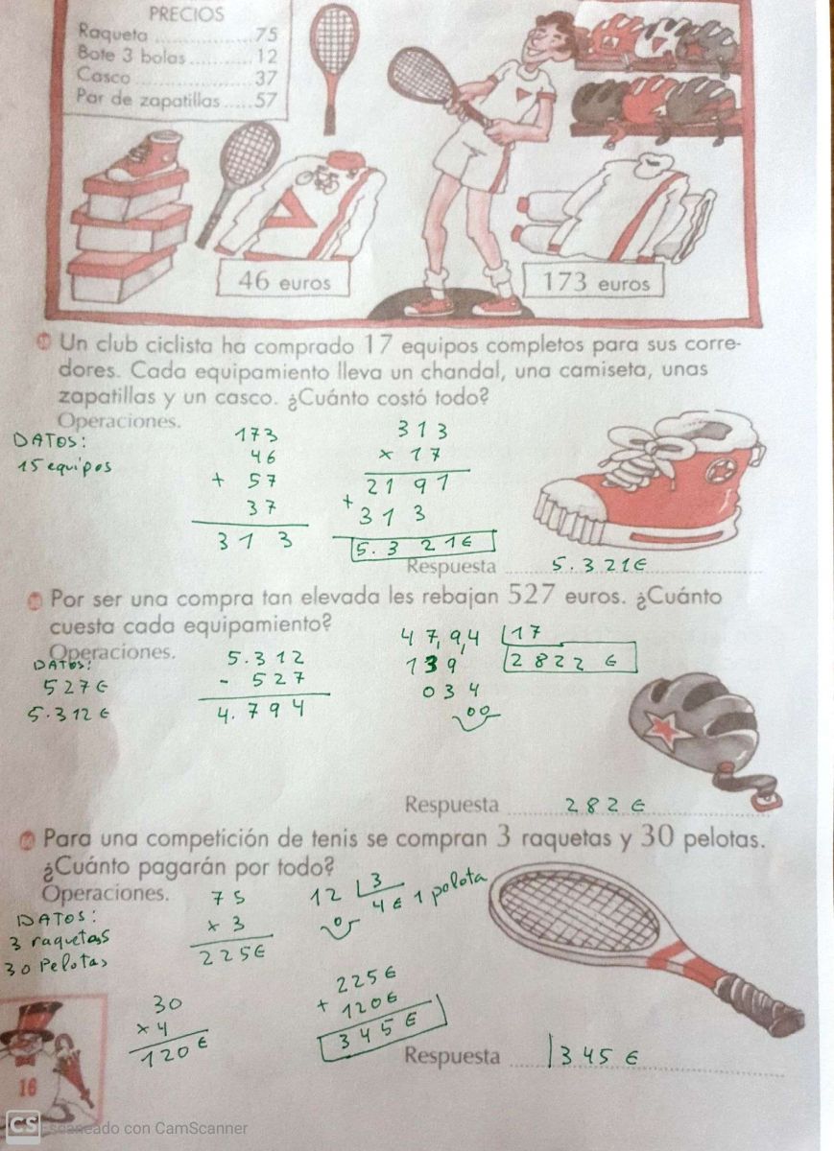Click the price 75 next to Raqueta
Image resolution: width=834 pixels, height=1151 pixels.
(x=267, y=34)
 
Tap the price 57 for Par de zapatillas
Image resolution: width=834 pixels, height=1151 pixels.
(x=266, y=100)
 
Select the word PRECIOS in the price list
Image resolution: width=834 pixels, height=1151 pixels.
(x=186, y=13)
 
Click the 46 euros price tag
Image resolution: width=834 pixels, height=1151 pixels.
(x=284, y=281)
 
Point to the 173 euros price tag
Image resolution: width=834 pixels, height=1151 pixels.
(x=594, y=281)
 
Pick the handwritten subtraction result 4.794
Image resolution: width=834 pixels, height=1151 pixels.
(x=261, y=711)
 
